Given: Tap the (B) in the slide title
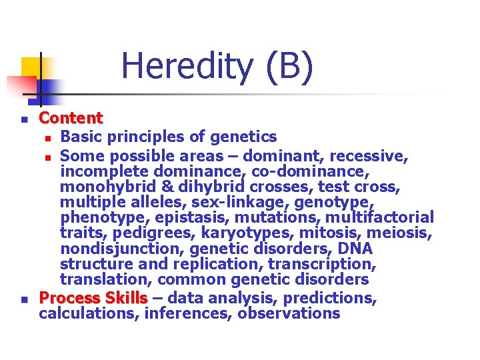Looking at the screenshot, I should pos(288,67).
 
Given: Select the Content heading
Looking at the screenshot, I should pos(71,119).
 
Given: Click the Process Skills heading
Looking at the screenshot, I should pos(93,297).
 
